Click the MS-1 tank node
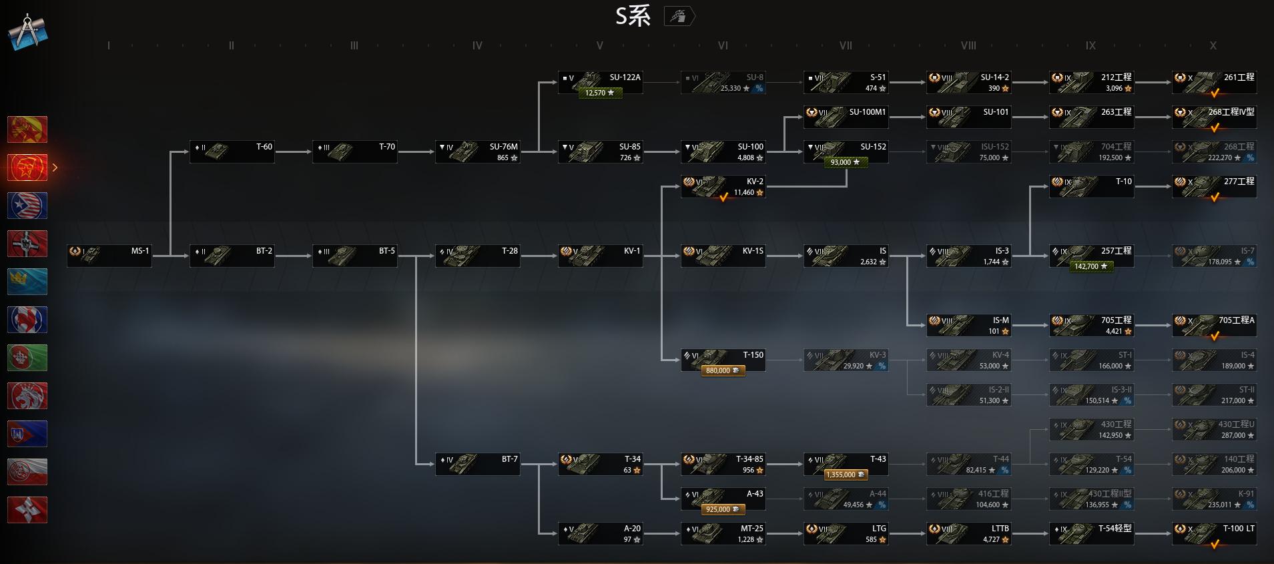[x=109, y=256]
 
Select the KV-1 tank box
[x=600, y=256]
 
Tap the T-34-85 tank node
[x=723, y=464]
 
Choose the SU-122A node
[x=600, y=82]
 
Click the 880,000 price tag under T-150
[x=723, y=370]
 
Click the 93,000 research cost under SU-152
[x=845, y=162]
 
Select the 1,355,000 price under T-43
[x=846, y=475]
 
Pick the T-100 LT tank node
[x=1214, y=533]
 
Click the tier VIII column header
[x=968, y=45]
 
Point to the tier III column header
[x=354, y=45]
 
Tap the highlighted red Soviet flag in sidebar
[x=27, y=168]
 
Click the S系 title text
[x=632, y=16]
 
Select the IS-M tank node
[x=968, y=325]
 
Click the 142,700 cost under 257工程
[x=1090, y=266]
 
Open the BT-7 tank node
[x=477, y=464]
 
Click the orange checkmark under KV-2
[x=723, y=197]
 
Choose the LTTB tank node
[x=968, y=533]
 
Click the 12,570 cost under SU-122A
[x=599, y=93]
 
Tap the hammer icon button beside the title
[x=679, y=16]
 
